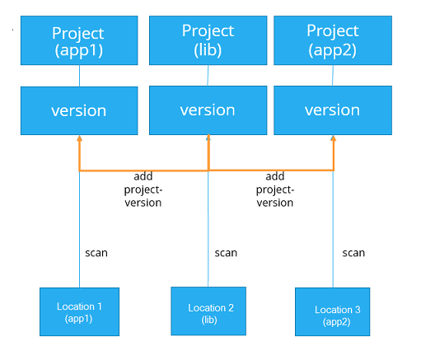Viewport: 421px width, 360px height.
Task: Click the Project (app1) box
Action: pos(79,40)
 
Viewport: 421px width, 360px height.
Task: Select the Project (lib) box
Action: pos(208,40)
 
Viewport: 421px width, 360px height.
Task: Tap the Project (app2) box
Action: pos(333,40)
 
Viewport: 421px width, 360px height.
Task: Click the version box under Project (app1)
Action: pos(79,110)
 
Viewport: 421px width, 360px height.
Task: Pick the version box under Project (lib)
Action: pos(208,110)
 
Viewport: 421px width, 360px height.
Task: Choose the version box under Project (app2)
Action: pos(333,110)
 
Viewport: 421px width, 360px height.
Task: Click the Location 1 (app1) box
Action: pos(79,311)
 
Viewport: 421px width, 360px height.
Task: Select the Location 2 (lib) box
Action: pos(208,311)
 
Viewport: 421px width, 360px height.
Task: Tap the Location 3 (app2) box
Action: pos(333,311)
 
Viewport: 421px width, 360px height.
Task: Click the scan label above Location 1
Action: pos(96,253)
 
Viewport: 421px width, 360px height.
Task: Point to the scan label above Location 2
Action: pos(226,253)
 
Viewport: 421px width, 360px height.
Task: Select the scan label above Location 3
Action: pos(353,253)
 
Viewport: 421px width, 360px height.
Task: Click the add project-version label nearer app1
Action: pos(143,189)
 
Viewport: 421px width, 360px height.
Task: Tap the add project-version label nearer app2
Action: pos(275,189)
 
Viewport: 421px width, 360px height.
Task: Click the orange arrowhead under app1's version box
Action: pos(79,138)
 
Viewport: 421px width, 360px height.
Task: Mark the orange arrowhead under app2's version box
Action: pos(334,138)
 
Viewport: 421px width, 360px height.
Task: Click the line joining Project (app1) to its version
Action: pos(79,76)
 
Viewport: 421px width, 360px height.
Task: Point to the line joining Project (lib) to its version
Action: pos(208,76)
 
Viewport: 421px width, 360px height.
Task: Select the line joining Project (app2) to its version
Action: pos(333,76)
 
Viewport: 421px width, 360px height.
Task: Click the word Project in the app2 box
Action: pos(333,30)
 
